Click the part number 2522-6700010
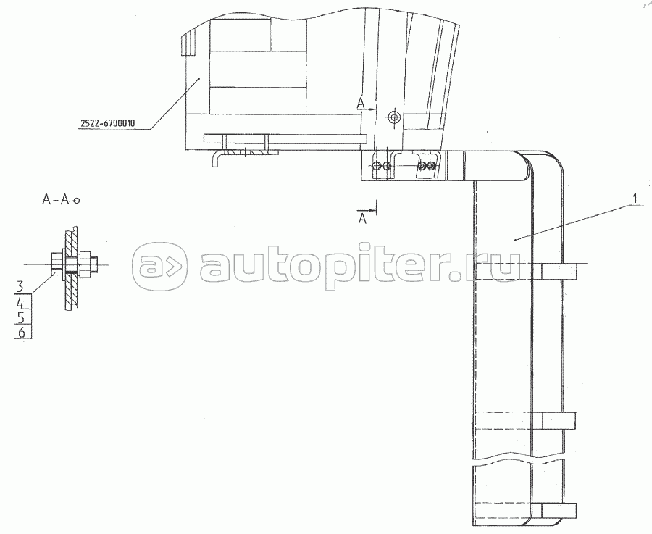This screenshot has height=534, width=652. [108, 123]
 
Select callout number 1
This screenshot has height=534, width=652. [635, 199]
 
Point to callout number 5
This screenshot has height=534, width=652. [21, 317]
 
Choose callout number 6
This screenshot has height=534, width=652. [22, 333]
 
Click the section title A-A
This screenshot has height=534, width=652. [55, 200]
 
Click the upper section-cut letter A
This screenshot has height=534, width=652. [361, 104]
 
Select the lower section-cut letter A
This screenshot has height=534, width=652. [363, 219]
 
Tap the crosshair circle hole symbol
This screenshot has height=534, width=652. [393, 117]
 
